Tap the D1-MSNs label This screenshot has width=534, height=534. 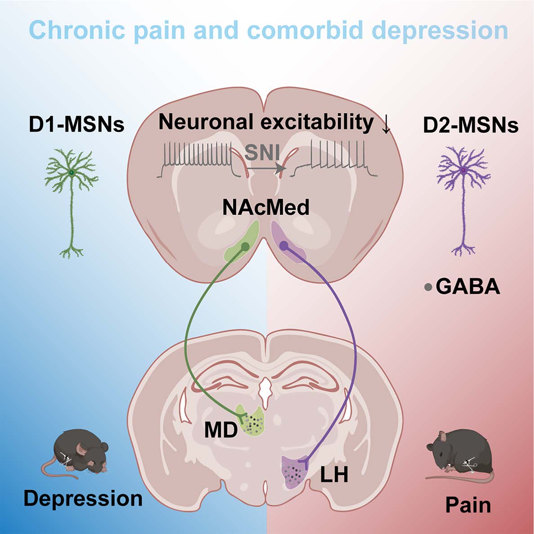tap(76, 125)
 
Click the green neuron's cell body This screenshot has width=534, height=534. tap(71, 172)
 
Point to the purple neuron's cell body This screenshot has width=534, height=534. tap(464, 171)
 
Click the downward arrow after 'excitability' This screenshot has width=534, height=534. tap(386, 126)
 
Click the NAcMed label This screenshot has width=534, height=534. tap(266, 207)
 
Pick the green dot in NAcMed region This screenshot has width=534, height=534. tap(245, 246)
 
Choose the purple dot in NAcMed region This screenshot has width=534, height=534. tap(284, 245)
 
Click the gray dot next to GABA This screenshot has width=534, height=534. tap(428, 287)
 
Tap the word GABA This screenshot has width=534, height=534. tap(468, 287)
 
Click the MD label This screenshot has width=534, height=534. tap(220, 431)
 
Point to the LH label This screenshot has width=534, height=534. tap(334, 474)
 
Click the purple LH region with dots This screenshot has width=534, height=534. tap(293, 471)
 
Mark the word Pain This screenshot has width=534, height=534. tap(468, 505)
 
